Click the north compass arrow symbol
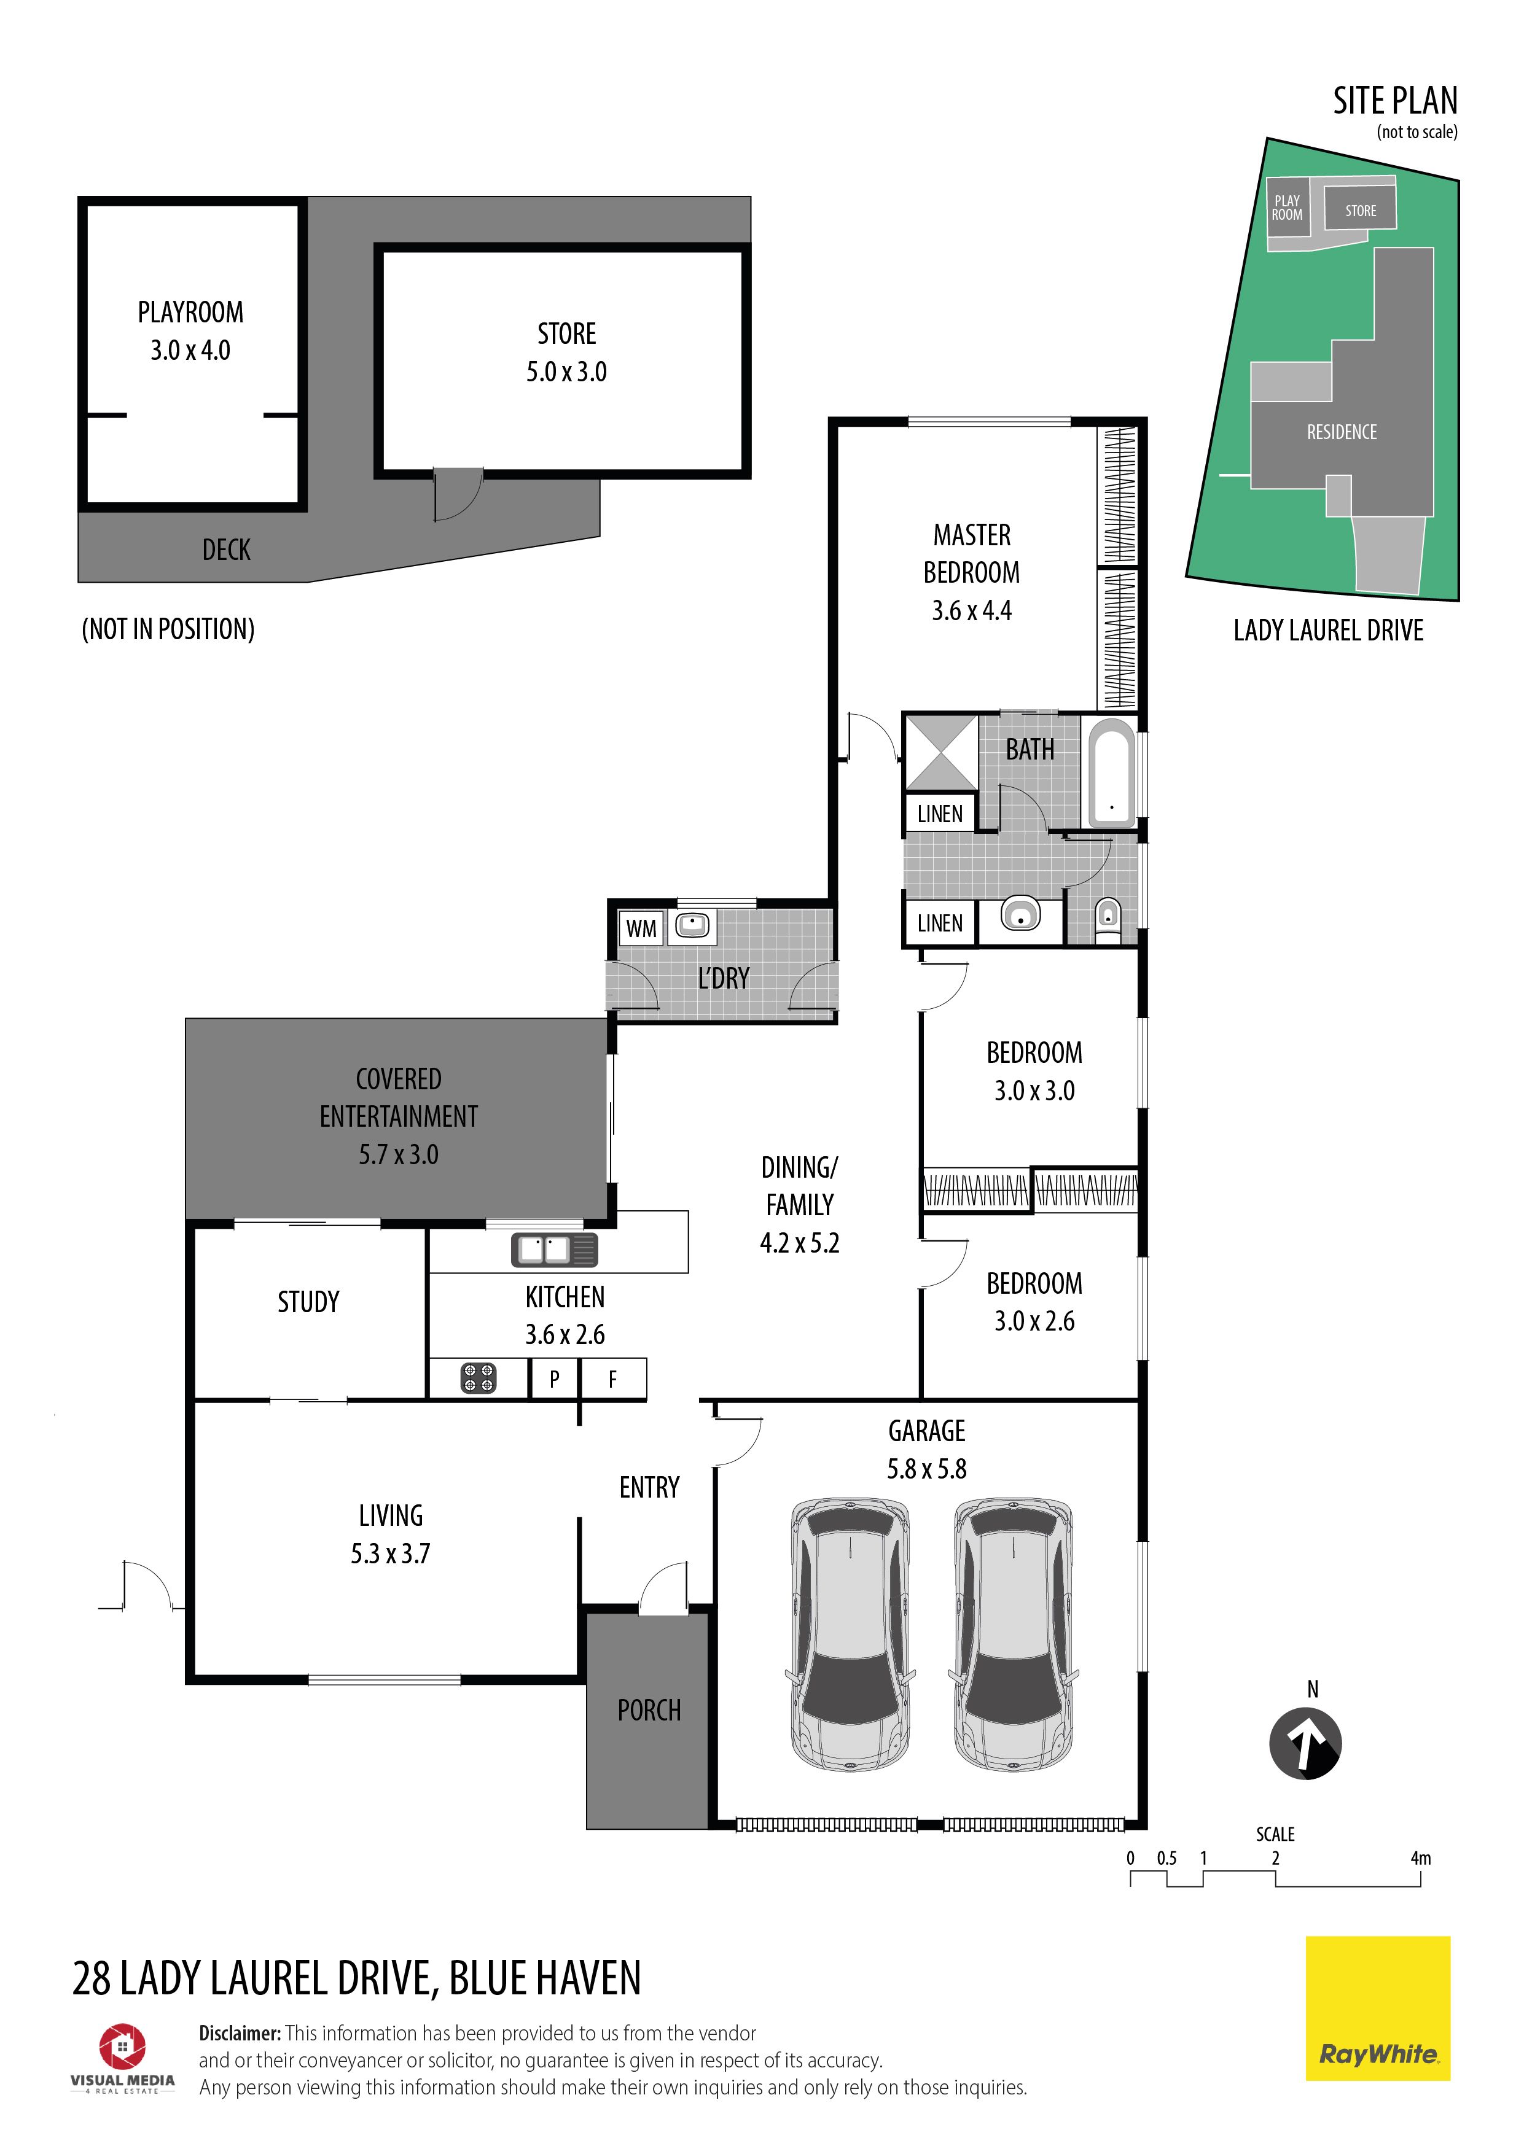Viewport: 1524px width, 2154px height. click(1305, 1744)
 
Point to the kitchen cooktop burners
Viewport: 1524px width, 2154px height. click(478, 1378)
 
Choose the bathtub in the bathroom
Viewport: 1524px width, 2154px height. click(1111, 774)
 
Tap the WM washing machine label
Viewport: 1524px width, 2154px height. click(641, 929)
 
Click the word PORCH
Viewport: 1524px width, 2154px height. click(649, 1710)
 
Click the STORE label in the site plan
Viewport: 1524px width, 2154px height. click(1361, 211)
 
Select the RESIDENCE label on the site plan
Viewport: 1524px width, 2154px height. click(1342, 432)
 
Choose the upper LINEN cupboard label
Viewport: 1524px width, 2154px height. click(939, 814)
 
